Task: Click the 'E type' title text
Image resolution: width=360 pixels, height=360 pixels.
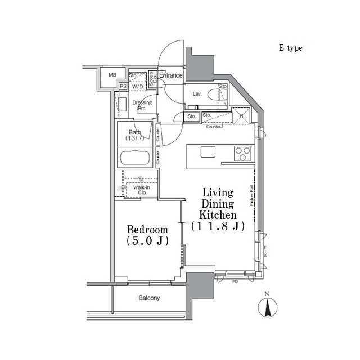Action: point(290,48)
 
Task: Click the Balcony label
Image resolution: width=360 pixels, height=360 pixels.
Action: point(149,298)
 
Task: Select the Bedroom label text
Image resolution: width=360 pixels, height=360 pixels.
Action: point(147,229)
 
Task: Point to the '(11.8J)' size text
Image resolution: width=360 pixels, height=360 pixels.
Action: point(218,226)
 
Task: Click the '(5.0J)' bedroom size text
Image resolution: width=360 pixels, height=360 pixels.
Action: point(147,242)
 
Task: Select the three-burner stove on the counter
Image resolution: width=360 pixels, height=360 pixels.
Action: point(242,151)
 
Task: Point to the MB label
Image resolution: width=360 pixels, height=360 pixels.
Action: point(112,75)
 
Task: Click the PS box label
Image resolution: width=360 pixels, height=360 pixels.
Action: point(123,86)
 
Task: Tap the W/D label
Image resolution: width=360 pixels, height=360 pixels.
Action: point(137,86)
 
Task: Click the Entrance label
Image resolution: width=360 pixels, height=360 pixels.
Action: point(170,75)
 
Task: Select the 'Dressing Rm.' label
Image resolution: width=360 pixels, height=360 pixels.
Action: point(142,105)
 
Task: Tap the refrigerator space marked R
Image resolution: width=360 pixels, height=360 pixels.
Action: point(241,116)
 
